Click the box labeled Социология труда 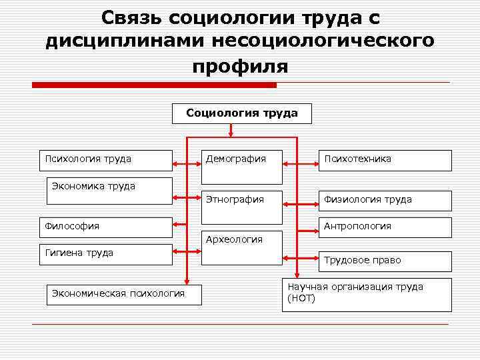(241, 114)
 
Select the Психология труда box (105, 160)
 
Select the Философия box (105, 227)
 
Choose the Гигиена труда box (105, 254)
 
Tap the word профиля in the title (240, 67)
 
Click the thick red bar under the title (154, 85)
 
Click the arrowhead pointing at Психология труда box (177, 161)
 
